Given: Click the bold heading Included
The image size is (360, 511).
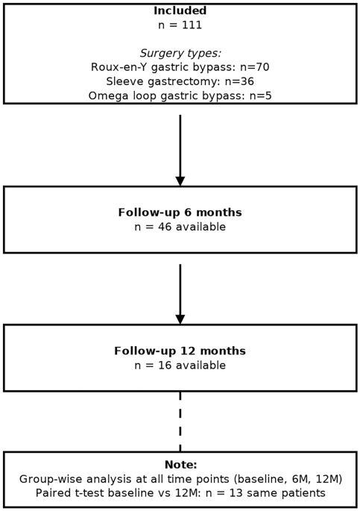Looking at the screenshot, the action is pyautogui.click(x=180, y=10).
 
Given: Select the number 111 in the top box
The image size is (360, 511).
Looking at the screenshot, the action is pyautogui.click(x=192, y=25).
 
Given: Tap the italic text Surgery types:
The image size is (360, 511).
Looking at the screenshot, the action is pyautogui.click(x=180, y=53).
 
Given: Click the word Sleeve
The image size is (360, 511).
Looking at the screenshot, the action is pyautogui.click(x=125, y=81).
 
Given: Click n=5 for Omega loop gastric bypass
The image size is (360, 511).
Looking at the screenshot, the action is pyautogui.click(x=260, y=95).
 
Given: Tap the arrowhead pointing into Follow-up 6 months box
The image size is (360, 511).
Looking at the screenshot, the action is pyautogui.click(x=180, y=181).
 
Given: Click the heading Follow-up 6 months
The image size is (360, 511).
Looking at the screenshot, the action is pyautogui.click(x=180, y=213).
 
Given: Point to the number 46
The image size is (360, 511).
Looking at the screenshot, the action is pyautogui.click(x=165, y=227).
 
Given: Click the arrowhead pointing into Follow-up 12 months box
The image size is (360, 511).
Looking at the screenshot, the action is pyautogui.click(x=180, y=319).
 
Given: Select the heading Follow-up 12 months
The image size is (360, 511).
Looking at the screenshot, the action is pyautogui.click(x=180, y=351).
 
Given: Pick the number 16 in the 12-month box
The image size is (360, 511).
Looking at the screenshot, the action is pyautogui.click(x=165, y=365).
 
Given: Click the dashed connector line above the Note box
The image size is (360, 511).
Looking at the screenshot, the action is pyautogui.click(x=180, y=421).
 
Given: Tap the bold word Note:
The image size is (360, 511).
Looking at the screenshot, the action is pyautogui.click(x=181, y=465).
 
